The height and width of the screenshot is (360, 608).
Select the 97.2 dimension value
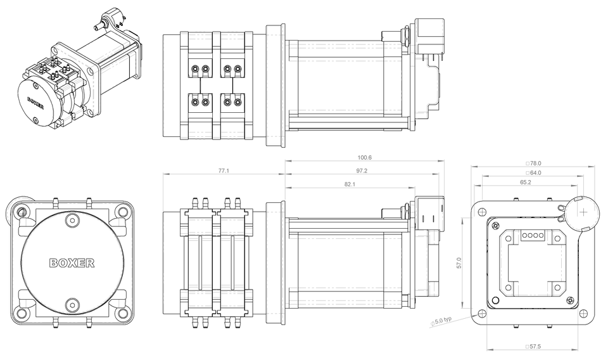click(x=363, y=171)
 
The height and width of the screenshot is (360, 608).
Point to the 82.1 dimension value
click(x=350, y=184)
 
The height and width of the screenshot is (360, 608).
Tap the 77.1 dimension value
click(x=224, y=170)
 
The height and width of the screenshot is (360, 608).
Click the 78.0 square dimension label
click(x=534, y=163)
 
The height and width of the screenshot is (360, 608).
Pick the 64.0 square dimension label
click(x=534, y=172)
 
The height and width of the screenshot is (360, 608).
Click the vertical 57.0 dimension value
click(x=460, y=264)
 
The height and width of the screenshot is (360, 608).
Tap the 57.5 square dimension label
click(x=534, y=347)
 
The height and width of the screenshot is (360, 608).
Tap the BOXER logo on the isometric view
click(x=35, y=102)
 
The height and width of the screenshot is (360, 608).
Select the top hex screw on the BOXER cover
click(x=73, y=221)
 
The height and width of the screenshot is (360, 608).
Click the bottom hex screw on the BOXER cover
click(x=73, y=304)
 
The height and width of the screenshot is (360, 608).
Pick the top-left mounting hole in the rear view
click(x=483, y=211)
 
